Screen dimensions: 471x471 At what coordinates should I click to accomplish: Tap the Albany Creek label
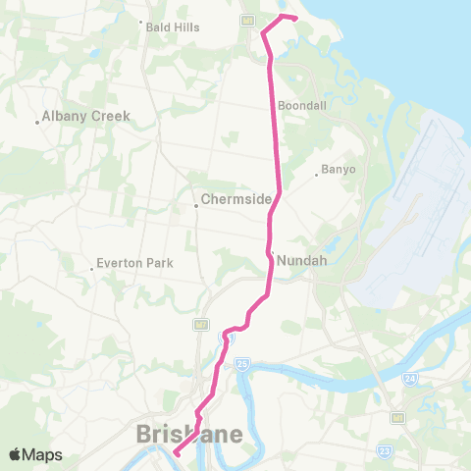tap(87, 117)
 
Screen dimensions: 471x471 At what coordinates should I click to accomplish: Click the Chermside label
tap(235, 199)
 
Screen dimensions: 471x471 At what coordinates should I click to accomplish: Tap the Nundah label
tap(299, 260)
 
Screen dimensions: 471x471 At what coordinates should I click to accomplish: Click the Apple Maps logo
tap(34, 454)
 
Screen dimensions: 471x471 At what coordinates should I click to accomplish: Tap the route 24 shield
tap(409, 377)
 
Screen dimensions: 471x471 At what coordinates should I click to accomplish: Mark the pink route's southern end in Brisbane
tap(177, 453)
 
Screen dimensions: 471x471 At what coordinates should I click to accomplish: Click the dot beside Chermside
tap(195, 205)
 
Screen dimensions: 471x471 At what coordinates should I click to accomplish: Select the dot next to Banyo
tap(316, 175)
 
